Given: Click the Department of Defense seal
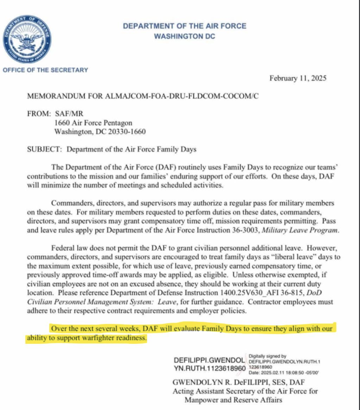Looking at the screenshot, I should [27, 39].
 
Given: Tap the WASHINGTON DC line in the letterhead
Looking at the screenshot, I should [184, 36].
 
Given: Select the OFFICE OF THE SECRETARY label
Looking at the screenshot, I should [45, 70].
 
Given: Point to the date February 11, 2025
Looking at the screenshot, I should [298, 78].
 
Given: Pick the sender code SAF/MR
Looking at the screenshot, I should [68, 114].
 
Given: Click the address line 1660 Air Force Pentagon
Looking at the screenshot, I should [92, 123].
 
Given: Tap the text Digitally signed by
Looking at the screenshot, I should [268, 356].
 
